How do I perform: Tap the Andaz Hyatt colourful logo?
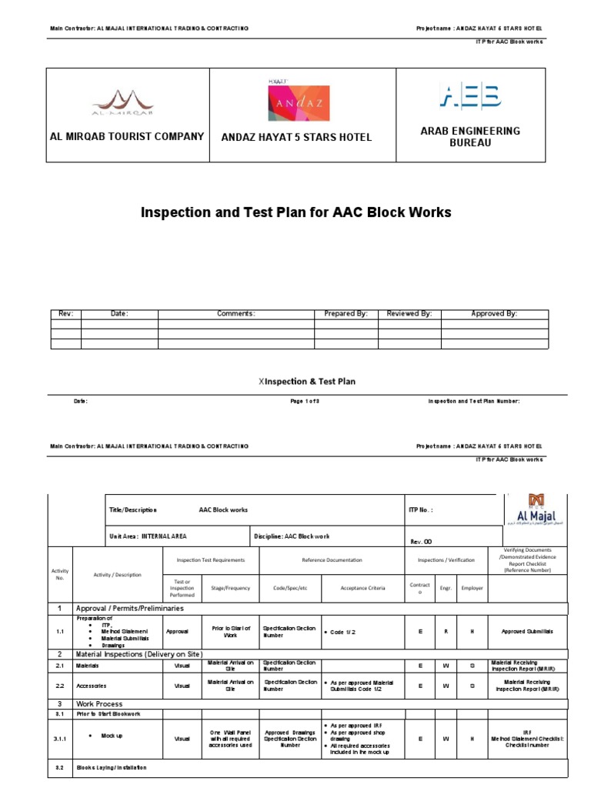click(x=296, y=102)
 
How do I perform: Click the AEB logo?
click(x=470, y=96)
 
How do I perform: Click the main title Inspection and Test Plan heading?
click(x=296, y=212)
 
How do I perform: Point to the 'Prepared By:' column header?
click(x=346, y=314)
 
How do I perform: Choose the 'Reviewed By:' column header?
click(x=409, y=314)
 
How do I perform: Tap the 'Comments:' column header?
click(x=235, y=314)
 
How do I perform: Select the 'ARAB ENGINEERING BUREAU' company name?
click(x=470, y=137)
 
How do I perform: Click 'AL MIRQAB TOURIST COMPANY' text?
click(x=127, y=136)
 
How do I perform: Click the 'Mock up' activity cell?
click(x=112, y=736)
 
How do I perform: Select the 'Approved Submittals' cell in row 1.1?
click(x=528, y=631)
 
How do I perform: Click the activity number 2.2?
click(x=60, y=685)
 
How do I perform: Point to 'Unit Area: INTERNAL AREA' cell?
click(x=149, y=536)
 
